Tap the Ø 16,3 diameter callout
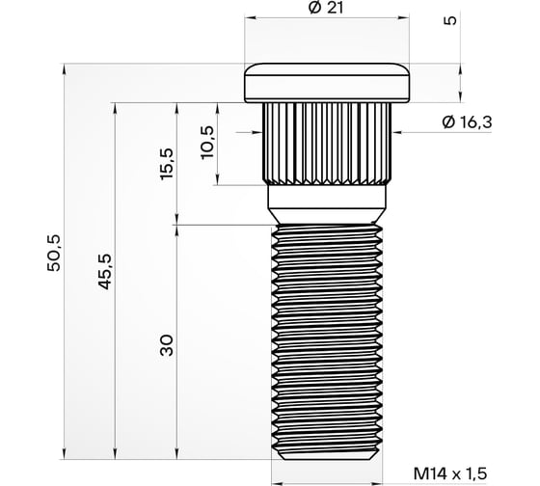(x=466, y=122)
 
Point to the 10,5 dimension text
(x=205, y=143)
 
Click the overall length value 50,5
(x=53, y=261)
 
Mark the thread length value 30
(x=165, y=344)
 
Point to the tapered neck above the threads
(x=328, y=204)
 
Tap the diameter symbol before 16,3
(x=445, y=122)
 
